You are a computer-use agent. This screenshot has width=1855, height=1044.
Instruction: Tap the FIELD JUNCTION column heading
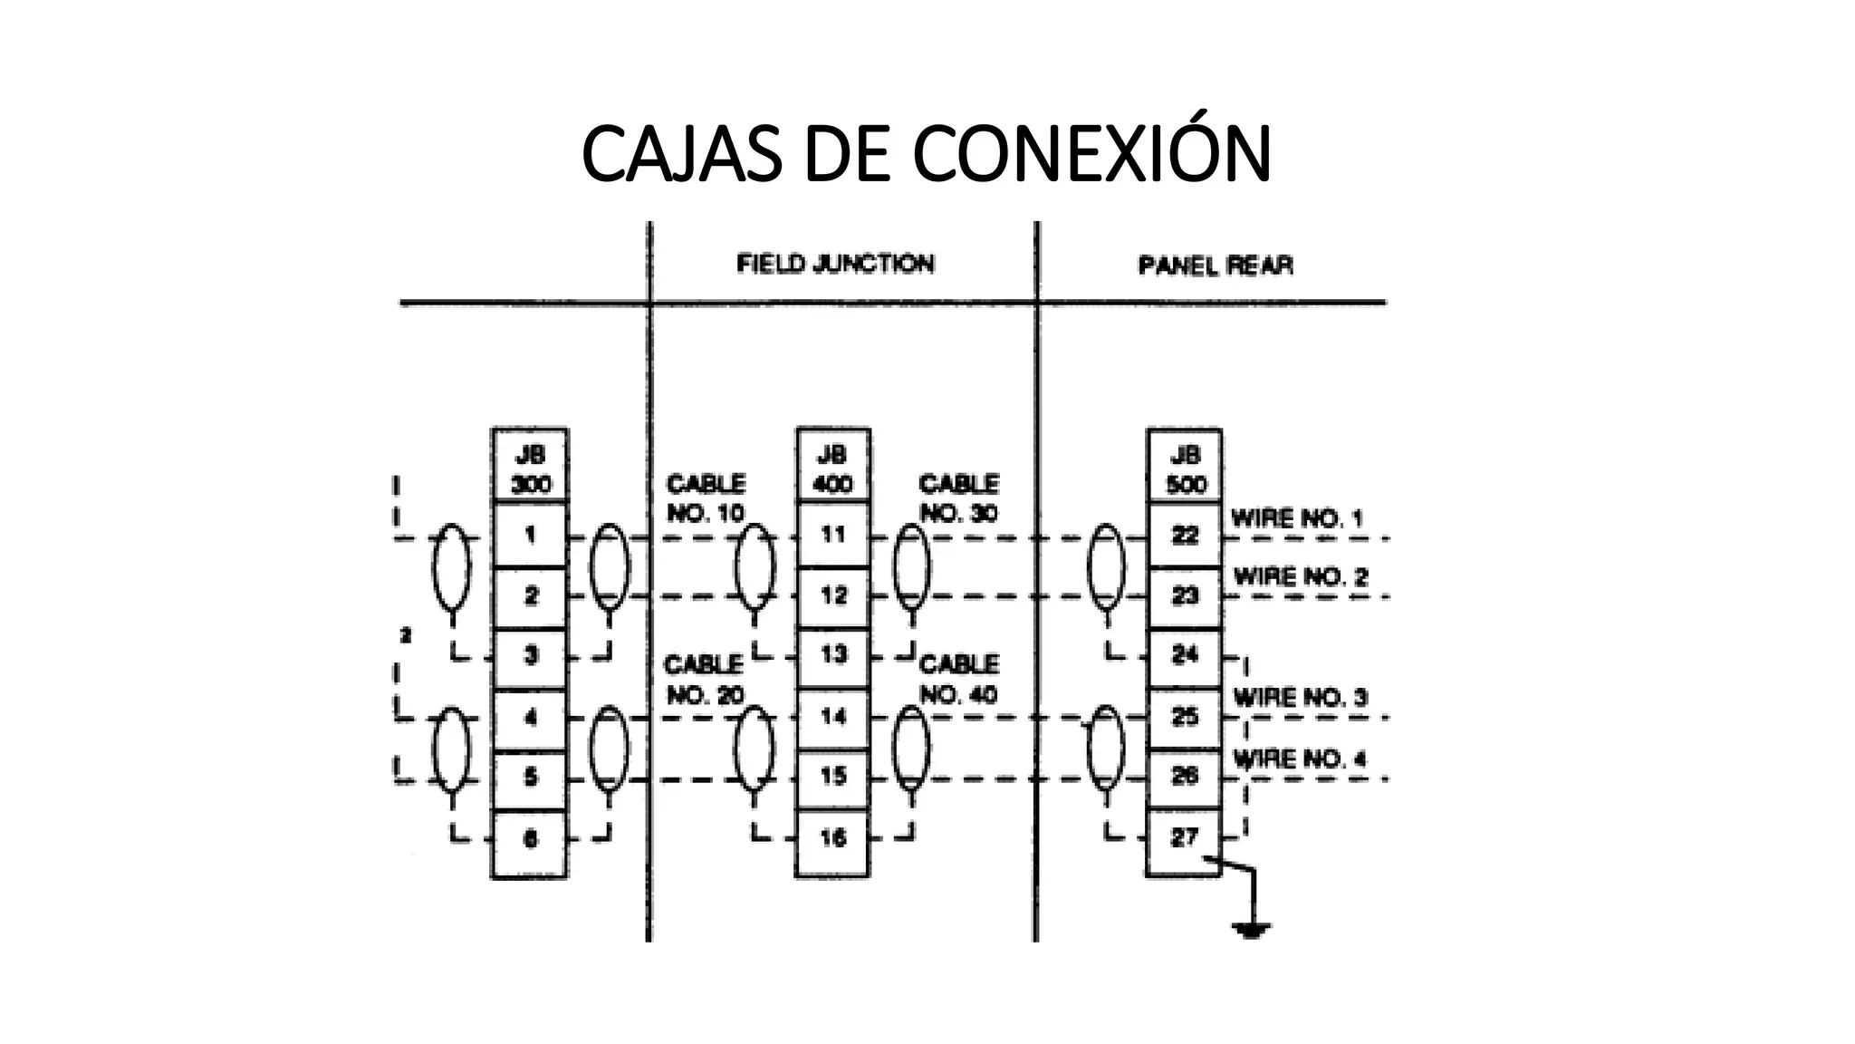point(834,264)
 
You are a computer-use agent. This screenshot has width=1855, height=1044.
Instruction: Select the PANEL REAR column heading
point(1215,266)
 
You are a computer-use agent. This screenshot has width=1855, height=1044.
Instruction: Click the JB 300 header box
point(530,467)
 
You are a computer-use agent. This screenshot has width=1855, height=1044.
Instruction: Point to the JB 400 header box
point(832,467)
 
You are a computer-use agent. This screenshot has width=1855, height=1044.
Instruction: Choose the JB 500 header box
point(1185,468)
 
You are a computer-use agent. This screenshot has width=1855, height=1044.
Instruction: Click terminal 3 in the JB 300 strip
point(531,655)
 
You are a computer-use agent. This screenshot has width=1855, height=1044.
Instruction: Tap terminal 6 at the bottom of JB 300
point(531,839)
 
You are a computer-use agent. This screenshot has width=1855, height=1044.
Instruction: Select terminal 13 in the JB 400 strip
point(832,654)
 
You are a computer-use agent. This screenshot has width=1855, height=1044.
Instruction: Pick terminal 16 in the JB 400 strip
point(832,838)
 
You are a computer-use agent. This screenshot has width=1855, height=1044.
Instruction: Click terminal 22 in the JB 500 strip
point(1185,536)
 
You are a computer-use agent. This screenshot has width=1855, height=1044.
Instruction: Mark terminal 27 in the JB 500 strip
point(1185,838)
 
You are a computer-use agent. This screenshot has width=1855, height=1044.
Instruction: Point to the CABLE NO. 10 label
point(706,498)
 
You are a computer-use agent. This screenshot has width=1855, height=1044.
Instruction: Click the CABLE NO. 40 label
point(958,680)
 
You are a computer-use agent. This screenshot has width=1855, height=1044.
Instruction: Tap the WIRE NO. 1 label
point(1296,519)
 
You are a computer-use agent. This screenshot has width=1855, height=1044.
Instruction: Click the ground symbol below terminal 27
point(1251,928)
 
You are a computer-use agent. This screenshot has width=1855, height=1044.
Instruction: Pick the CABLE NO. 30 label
point(958,498)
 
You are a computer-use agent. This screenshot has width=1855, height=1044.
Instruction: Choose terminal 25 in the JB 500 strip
point(1185,718)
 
